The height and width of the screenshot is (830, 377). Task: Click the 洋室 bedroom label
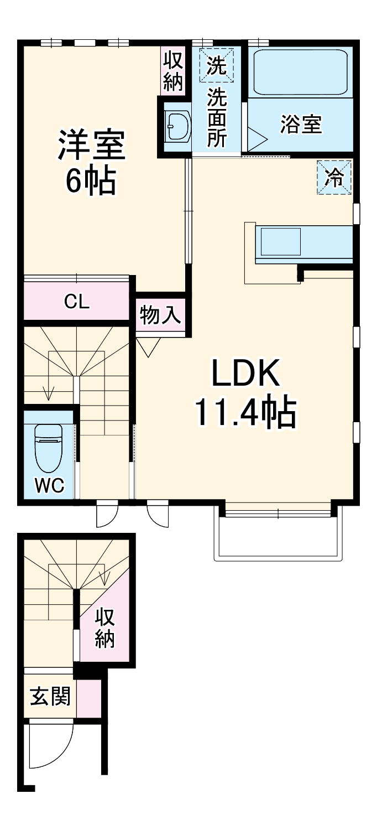pos(91,145)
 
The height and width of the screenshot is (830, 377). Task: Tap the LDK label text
pos(245,373)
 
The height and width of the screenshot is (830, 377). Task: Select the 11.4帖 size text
pos(245,412)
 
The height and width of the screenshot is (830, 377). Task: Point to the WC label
pos(50,485)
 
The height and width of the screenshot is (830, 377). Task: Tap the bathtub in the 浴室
pos(300,72)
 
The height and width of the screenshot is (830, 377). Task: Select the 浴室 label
pos(301,124)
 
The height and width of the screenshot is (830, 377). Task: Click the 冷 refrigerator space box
pos(334,177)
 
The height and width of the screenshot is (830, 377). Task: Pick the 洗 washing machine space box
pos(217,65)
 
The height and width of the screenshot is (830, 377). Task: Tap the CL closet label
pos(77,302)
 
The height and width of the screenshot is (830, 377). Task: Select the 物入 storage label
pos(160,315)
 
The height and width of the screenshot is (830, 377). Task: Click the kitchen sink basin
pos(281,241)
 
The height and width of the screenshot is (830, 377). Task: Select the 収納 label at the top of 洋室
pos(174,71)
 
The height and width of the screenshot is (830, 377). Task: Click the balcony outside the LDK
pos(278,534)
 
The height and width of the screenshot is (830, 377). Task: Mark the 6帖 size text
pos(91,181)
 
